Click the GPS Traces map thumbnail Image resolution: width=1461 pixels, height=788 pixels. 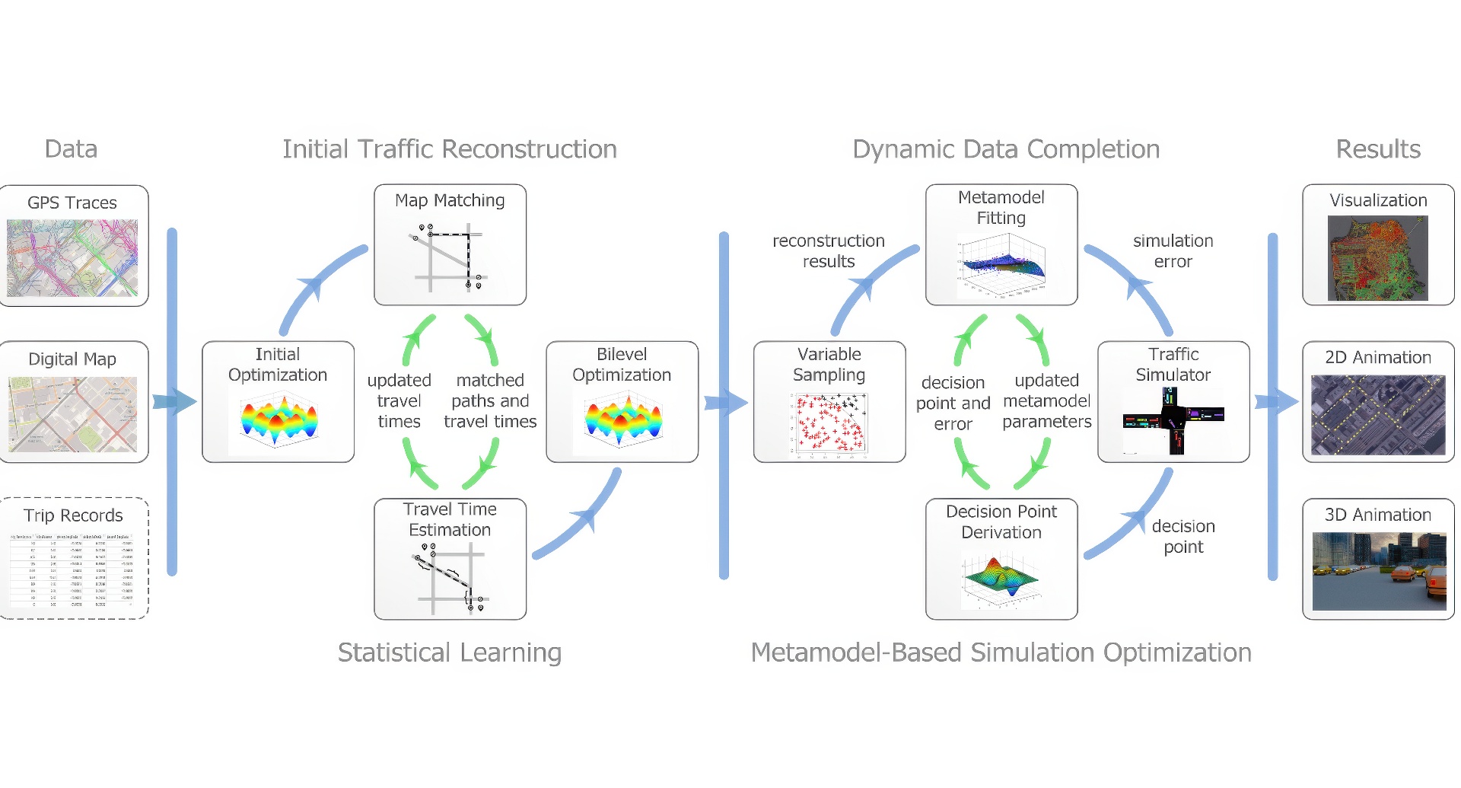(x=72, y=258)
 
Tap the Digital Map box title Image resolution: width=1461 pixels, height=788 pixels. (x=72, y=359)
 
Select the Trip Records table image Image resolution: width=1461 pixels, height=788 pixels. (x=72, y=570)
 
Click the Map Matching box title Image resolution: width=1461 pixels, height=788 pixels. (x=450, y=200)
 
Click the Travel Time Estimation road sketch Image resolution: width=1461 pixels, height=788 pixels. (x=450, y=577)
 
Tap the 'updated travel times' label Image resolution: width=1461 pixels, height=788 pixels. (x=399, y=400)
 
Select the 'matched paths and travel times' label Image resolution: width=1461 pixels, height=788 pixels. (x=490, y=400)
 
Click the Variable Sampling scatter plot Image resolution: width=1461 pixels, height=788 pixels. (x=829, y=424)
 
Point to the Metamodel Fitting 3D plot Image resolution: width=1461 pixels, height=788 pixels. (x=1001, y=265)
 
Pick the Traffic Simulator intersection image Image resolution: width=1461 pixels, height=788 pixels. (x=1173, y=420)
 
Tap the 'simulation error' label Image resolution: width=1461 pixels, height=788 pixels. (x=1173, y=251)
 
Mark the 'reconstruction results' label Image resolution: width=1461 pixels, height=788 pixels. (x=829, y=251)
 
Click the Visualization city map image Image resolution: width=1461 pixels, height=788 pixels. (x=1378, y=257)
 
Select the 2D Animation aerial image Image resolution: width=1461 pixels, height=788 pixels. (x=1378, y=415)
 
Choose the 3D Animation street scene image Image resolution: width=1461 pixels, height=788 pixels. (x=1379, y=571)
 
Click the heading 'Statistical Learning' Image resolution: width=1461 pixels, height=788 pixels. (x=450, y=652)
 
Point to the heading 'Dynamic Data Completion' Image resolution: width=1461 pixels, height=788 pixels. (x=1006, y=149)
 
